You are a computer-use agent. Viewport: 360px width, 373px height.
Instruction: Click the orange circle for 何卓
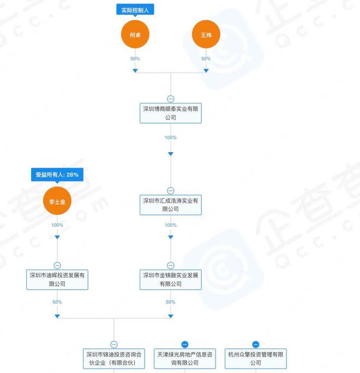pyautogui.click(x=135, y=34)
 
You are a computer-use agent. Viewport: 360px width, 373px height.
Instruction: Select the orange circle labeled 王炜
pyautogui.click(x=206, y=34)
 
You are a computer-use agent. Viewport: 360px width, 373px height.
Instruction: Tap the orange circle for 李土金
pyautogui.click(x=57, y=201)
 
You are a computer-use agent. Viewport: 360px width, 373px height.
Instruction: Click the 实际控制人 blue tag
pyautogui.click(x=135, y=10)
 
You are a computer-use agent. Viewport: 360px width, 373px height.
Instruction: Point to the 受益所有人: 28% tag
pyautogui.click(x=57, y=175)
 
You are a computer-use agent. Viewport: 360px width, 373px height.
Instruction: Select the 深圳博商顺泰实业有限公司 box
pyautogui.click(x=171, y=113)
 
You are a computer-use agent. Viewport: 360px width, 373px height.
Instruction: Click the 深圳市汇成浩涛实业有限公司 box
pyautogui.click(x=171, y=205)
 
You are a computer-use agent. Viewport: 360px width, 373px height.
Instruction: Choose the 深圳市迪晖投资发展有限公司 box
pyautogui.click(x=57, y=280)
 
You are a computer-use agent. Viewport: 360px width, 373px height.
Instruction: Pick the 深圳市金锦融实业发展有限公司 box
pyautogui.click(x=171, y=280)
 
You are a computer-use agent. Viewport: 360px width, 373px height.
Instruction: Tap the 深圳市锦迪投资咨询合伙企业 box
pyautogui.click(x=114, y=359)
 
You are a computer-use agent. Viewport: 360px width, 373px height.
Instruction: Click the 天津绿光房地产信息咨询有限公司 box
pyautogui.click(x=185, y=359)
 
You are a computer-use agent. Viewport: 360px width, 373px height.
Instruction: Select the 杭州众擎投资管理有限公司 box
pyautogui.click(x=256, y=359)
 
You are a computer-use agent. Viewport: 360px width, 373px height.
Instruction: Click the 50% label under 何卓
pyautogui.click(x=135, y=59)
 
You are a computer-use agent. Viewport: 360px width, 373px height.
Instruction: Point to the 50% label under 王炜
pyautogui.click(x=206, y=59)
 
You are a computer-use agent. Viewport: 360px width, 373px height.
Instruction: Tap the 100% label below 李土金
pyautogui.click(x=57, y=225)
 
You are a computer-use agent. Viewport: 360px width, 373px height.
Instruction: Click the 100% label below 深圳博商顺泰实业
pyautogui.click(x=171, y=137)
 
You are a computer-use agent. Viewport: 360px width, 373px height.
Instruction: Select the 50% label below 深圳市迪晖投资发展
pyautogui.click(x=57, y=302)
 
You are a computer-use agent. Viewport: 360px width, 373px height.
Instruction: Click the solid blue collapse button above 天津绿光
pyautogui.click(x=185, y=344)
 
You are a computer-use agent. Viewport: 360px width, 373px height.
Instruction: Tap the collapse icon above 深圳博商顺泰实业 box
pyautogui.click(x=171, y=99)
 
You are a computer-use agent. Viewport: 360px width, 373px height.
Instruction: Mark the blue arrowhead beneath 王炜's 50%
pyautogui.click(x=206, y=71)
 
